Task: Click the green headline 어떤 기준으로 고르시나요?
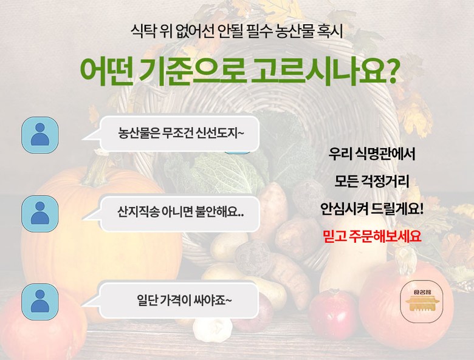(x=238, y=72)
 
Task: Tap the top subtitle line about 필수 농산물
(x=237, y=31)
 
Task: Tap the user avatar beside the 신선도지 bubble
(x=40, y=135)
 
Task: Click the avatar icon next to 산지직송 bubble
(x=40, y=214)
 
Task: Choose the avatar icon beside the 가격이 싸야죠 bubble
(x=40, y=302)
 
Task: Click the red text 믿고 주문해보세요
(x=372, y=236)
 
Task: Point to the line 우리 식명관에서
(x=372, y=154)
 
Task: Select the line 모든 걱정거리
(x=372, y=181)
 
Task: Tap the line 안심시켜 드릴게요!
(x=372, y=209)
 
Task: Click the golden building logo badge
(x=422, y=301)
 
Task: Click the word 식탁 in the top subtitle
(x=143, y=31)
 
